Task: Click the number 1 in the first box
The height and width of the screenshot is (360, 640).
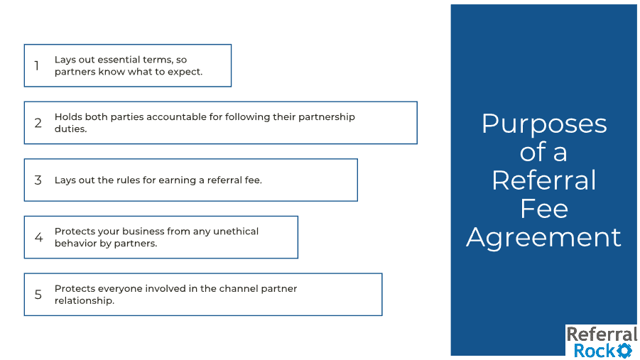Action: point(37,65)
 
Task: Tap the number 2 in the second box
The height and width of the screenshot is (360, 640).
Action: point(38,123)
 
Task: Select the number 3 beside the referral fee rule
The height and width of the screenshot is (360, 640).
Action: point(38,180)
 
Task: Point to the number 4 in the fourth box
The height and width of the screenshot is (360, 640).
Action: point(38,237)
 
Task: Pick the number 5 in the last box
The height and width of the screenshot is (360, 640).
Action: point(38,294)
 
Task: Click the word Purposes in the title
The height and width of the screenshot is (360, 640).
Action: point(544,125)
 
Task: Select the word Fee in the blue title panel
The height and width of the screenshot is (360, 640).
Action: point(543,209)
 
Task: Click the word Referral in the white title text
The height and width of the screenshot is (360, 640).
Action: point(543,180)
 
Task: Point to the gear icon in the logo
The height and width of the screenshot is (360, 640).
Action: point(624,351)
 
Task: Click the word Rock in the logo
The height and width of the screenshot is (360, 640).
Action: point(595,351)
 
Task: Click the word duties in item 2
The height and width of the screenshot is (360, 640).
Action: point(70,129)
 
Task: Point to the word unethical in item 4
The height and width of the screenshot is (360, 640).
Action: point(236,231)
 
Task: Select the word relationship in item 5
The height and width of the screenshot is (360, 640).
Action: point(84,301)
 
